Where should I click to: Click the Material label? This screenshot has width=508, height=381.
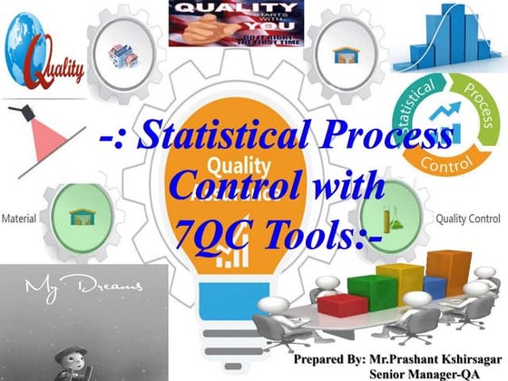(19, 219)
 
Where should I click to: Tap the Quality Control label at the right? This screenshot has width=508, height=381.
(469, 219)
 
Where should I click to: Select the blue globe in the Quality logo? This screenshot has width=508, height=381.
(24, 43)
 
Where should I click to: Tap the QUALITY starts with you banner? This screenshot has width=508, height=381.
(236, 22)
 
